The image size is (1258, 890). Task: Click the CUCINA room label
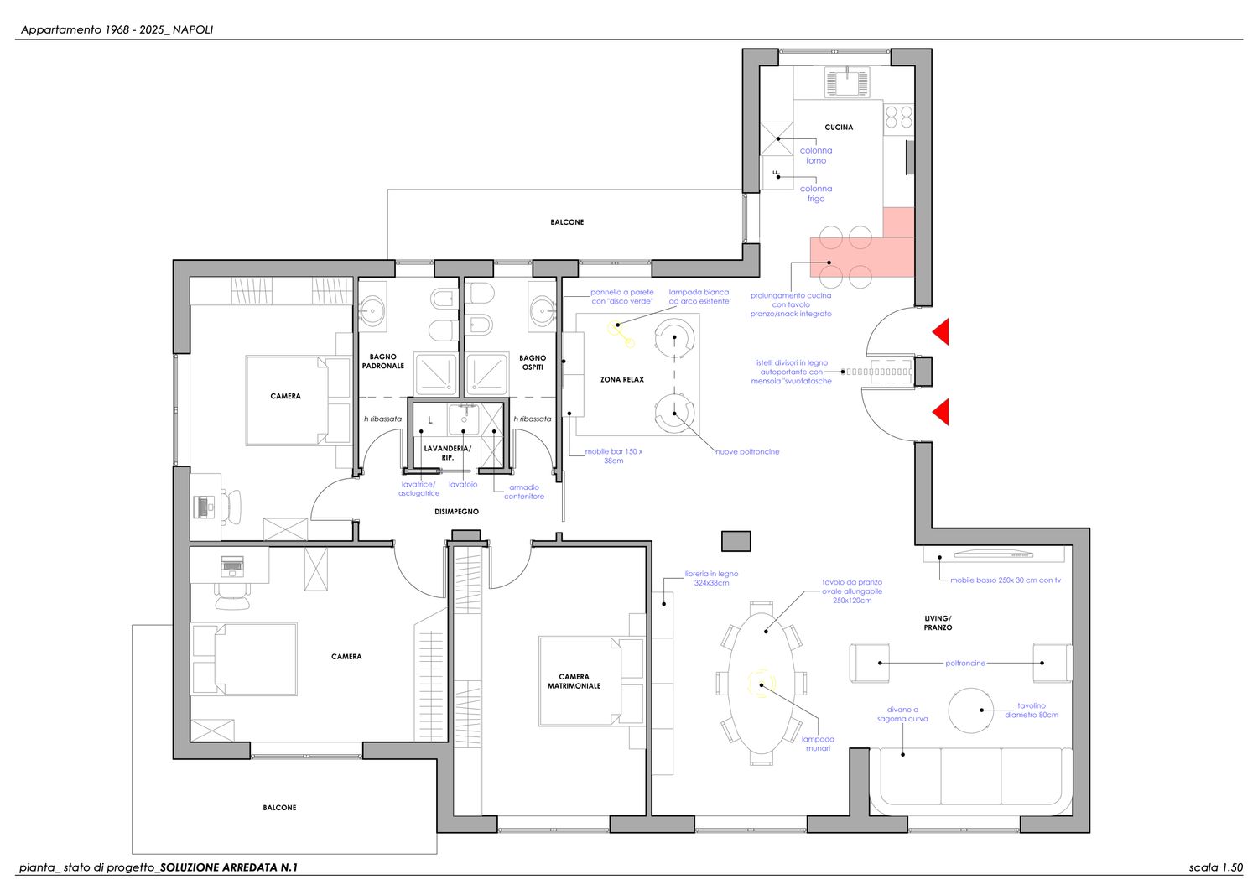tap(839, 128)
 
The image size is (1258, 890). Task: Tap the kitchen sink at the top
tap(847, 82)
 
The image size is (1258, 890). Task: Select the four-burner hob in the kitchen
tap(898, 117)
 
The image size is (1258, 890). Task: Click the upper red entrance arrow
tap(941, 331)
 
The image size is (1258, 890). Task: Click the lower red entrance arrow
tap(941, 412)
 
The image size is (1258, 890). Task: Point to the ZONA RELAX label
tap(621, 380)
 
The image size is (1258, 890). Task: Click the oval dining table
tap(762, 684)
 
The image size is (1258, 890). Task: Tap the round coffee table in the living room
tap(971, 710)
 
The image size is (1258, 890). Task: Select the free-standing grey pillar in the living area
tap(736, 541)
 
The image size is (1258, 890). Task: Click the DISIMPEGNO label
tap(456, 512)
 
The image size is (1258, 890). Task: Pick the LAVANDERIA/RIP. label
tap(448, 453)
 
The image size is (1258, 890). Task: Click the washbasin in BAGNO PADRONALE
tap(372, 310)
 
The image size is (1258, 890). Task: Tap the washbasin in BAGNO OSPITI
tap(543, 310)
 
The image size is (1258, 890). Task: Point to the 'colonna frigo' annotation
tap(816, 194)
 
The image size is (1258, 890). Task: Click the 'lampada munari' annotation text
tap(818, 744)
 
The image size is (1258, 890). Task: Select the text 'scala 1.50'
tap(1216, 867)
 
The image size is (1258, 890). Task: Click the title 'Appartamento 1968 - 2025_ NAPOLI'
tap(117, 30)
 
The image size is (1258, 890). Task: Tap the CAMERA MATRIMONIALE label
tap(574, 681)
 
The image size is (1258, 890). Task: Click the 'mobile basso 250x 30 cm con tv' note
tap(1006, 580)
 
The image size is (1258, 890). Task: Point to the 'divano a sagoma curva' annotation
tap(902, 714)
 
